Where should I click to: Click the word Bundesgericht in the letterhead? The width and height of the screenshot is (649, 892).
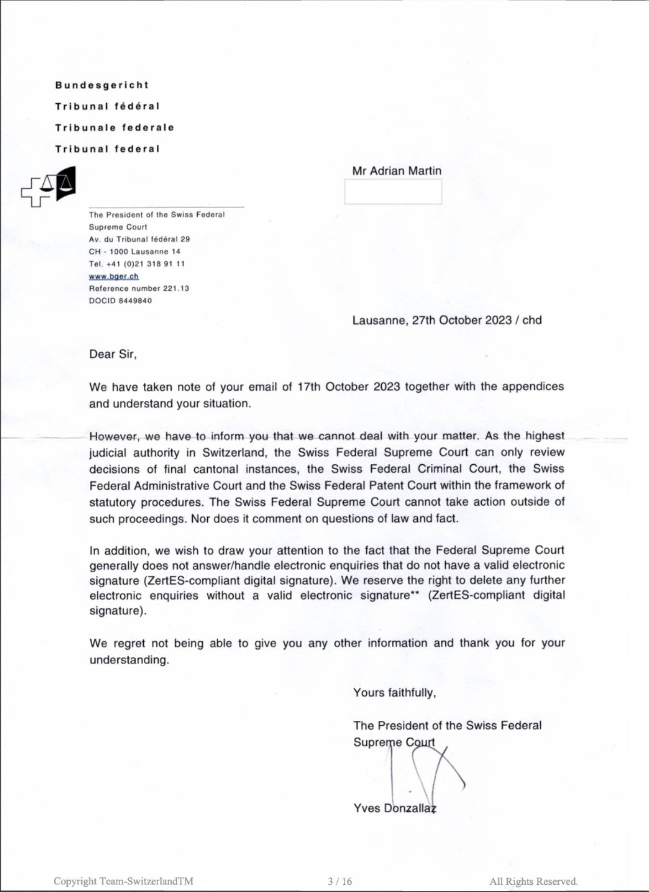tap(101, 85)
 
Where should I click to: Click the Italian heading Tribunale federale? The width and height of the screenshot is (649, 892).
tap(114, 127)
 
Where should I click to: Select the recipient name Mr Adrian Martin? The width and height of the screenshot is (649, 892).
tap(397, 171)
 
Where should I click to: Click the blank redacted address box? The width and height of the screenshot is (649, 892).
tap(393, 192)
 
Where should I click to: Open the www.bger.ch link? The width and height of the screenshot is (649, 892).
tap(114, 276)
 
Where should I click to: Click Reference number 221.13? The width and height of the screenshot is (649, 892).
tap(139, 288)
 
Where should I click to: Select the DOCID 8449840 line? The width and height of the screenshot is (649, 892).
tap(120, 301)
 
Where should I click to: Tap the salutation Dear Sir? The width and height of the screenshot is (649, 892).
tap(113, 354)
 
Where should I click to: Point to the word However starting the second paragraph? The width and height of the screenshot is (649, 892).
tap(114, 436)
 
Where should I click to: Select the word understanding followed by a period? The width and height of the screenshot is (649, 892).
tap(129, 659)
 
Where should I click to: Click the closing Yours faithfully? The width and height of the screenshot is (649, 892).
tap(394, 693)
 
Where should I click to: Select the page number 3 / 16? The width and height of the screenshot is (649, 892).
tap(340, 881)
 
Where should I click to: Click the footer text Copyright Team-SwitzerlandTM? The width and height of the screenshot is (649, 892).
tap(124, 881)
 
